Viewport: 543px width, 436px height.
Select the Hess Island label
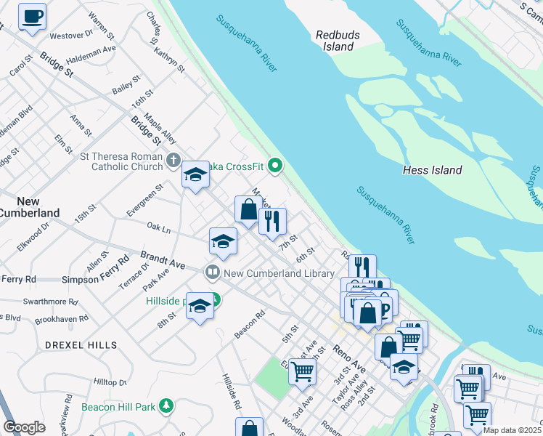point(432,170)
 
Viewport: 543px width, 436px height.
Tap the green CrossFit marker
point(274,166)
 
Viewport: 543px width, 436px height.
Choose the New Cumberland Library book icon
point(213,273)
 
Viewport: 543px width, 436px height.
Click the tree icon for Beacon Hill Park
point(167,405)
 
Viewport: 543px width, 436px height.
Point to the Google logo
point(24,427)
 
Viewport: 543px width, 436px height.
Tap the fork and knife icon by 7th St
point(272,221)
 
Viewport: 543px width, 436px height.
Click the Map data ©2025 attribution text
point(513,430)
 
